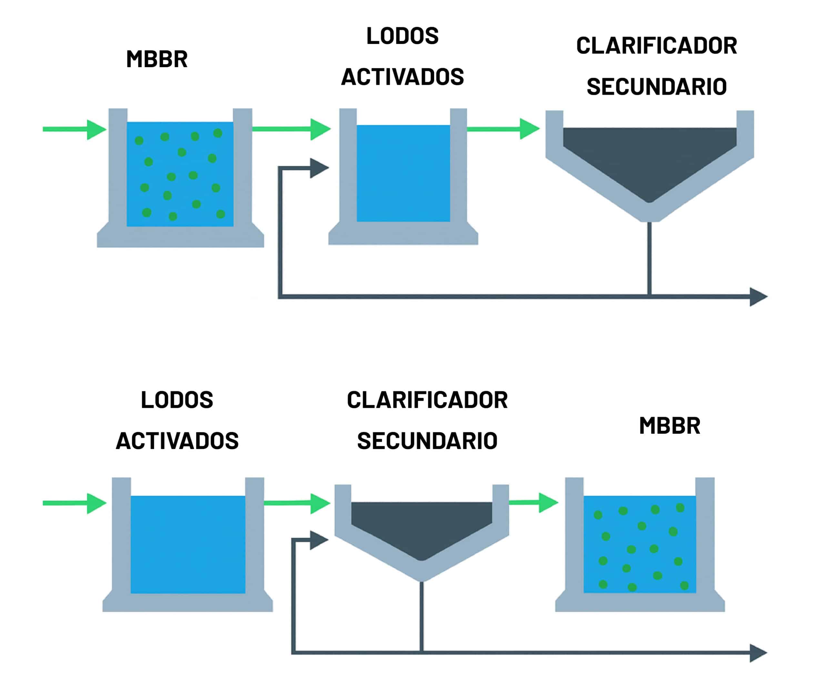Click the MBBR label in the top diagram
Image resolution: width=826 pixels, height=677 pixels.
pos(157,59)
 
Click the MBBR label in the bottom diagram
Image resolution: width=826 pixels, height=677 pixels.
pos(670,425)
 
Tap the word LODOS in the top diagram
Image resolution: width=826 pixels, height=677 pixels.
pos(402,36)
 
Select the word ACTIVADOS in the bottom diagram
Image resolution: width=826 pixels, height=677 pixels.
pos(177,441)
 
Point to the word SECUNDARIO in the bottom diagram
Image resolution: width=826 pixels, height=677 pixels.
pos(427,441)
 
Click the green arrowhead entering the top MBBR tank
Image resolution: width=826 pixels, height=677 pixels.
pos(95,129)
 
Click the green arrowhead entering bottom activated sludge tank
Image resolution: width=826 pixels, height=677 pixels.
pos(95,503)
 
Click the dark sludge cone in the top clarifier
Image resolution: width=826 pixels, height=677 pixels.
pos(649,160)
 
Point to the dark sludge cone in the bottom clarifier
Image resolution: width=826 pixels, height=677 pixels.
pos(421,526)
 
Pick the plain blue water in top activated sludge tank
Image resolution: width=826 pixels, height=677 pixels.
pos(403,174)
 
